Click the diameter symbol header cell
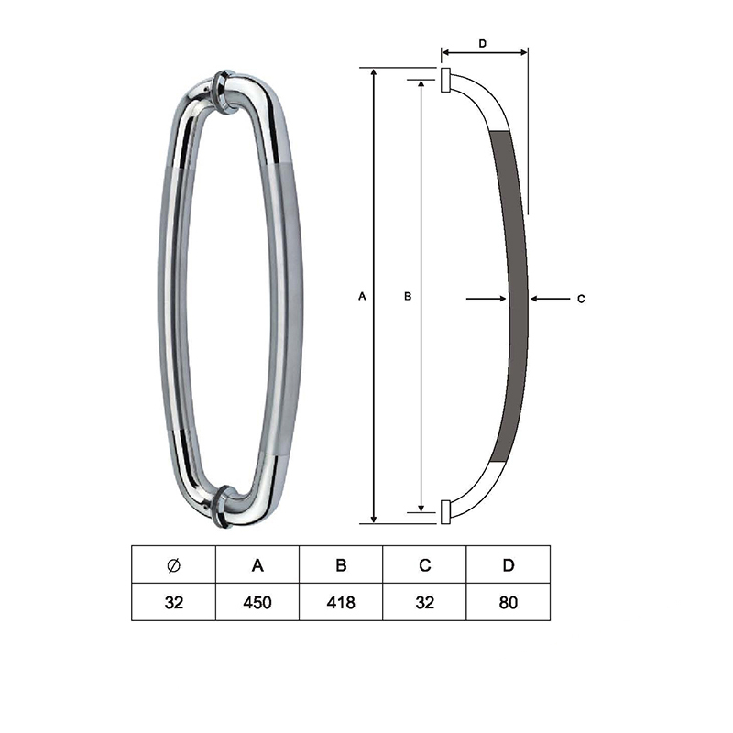coord(173,564)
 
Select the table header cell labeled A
coord(257,564)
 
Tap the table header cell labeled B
coord(341,564)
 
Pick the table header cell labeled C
coord(424,564)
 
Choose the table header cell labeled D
coord(509,564)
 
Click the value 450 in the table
coord(257,603)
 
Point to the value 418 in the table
coord(341,603)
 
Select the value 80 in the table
coord(509,603)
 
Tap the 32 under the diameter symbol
coord(173,603)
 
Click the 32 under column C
coord(424,603)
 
